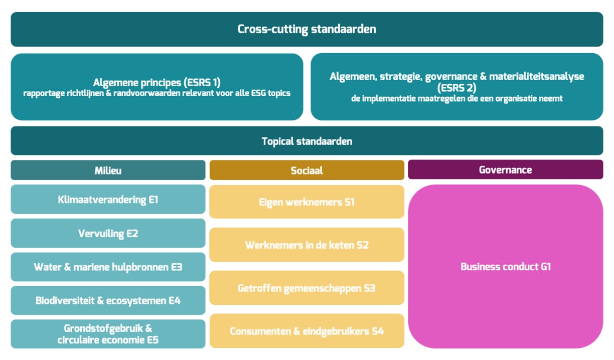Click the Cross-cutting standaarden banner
point(306,29)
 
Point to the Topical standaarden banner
point(306,141)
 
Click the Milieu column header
point(108,170)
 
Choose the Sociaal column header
point(306,170)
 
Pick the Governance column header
point(505,169)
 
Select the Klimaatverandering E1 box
point(108,200)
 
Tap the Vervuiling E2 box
point(108,233)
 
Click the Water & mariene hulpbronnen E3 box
point(108,267)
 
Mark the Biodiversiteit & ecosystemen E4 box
point(108,300)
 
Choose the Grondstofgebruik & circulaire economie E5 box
point(108,334)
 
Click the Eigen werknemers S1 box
point(306,202)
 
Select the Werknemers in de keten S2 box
point(306,245)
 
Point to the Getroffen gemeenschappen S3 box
point(306,288)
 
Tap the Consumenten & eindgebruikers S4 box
point(306,331)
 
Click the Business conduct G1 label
point(505,266)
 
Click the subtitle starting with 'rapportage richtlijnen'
point(157,93)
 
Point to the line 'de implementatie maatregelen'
point(456,99)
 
